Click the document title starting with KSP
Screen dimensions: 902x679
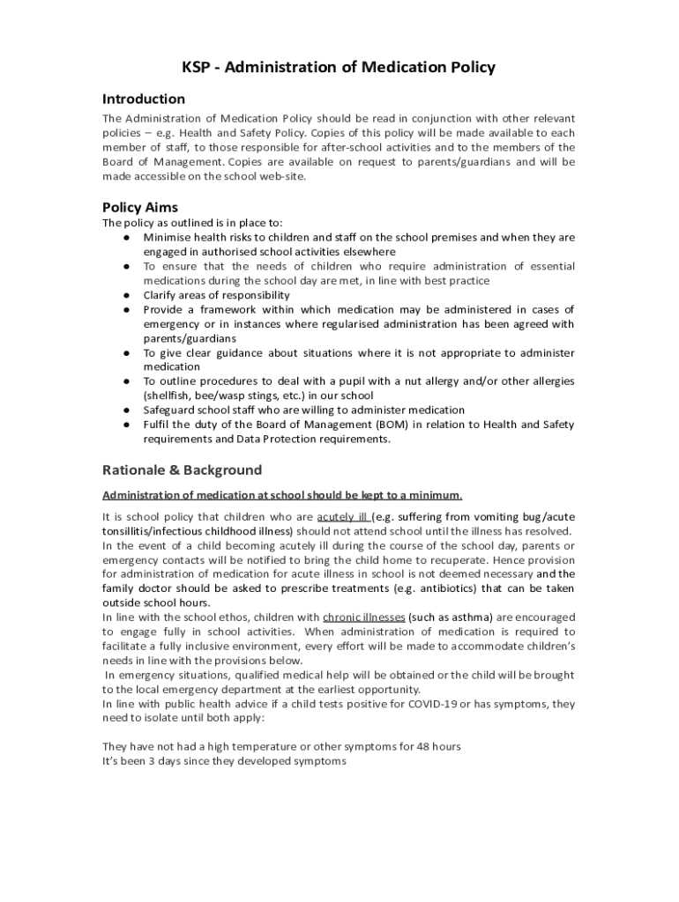click(339, 67)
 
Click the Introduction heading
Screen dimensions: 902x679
click(144, 99)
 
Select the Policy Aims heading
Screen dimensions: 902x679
click(140, 208)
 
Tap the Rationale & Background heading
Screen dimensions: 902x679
click(182, 469)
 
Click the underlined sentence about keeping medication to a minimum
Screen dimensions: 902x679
click(282, 495)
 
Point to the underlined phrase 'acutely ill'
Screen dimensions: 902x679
click(343, 517)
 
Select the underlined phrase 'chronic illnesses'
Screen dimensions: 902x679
click(364, 617)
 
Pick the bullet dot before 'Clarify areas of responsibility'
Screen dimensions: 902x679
click(127, 295)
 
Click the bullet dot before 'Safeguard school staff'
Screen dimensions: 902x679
click(127, 410)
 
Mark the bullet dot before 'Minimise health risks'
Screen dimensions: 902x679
click(127, 238)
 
